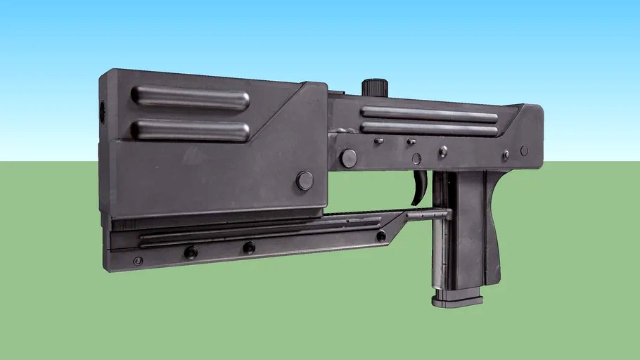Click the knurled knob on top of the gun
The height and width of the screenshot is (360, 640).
pos(375,87)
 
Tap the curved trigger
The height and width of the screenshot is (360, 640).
pos(421,188)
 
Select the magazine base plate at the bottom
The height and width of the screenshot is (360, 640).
pos(457,301)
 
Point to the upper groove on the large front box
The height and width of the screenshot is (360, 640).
pos(190,98)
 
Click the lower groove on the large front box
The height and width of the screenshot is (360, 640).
pos(191,130)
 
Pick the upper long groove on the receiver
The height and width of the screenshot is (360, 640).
pos(429,114)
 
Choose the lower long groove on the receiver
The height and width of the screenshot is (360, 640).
pos(429,128)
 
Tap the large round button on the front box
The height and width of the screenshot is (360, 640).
pos(305,181)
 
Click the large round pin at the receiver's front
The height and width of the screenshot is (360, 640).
pos(348,158)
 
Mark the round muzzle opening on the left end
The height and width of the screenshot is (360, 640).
pos(101,110)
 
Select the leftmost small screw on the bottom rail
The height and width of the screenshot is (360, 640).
pos(138,261)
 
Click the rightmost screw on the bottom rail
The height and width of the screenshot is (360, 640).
pos(381,236)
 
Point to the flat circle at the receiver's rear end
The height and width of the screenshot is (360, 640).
pos(524,150)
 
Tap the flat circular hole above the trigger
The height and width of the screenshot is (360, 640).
pos(416,159)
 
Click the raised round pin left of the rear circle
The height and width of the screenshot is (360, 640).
pos(506,155)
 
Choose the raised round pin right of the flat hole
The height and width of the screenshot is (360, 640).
pos(443,151)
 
